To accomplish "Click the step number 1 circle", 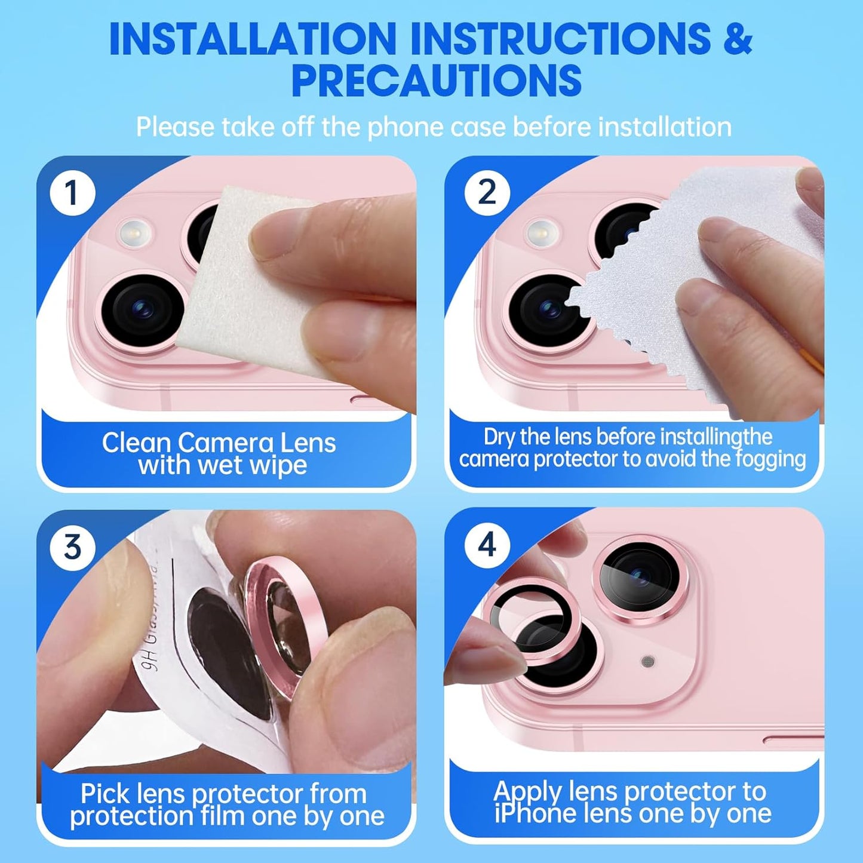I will (72, 193).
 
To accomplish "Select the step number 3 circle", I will (72, 547).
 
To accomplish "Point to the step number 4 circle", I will (487, 545).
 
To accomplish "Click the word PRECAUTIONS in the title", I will (436, 81).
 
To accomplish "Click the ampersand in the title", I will (738, 39).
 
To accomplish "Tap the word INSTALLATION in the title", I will (253, 39).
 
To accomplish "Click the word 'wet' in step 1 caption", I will (223, 465).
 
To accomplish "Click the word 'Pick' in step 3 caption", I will (105, 794).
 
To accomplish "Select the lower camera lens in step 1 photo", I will (142, 309).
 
